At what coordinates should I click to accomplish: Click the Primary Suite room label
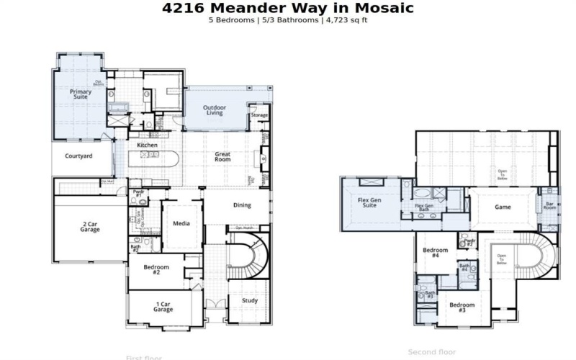[x=81, y=94]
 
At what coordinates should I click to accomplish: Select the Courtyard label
[x=78, y=156]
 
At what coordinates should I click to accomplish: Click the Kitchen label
[x=148, y=145]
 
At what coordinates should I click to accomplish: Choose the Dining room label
[x=242, y=205]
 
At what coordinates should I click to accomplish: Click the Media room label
[x=181, y=223]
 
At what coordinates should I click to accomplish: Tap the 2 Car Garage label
[x=89, y=228]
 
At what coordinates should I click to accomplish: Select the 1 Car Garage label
[x=163, y=307]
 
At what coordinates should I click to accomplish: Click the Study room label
[x=249, y=301]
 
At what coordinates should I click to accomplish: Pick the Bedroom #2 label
[x=156, y=271]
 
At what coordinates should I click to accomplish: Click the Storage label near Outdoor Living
[x=259, y=115]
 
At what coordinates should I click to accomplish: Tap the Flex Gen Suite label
[x=369, y=202]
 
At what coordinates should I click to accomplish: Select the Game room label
[x=503, y=207]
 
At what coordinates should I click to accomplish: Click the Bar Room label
[x=549, y=206]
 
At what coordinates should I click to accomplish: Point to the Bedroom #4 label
[x=436, y=253]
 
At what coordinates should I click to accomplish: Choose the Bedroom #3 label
[x=462, y=307]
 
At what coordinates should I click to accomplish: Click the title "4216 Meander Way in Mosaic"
[x=288, y=8]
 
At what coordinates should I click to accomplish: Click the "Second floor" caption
[x=432, y=352]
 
